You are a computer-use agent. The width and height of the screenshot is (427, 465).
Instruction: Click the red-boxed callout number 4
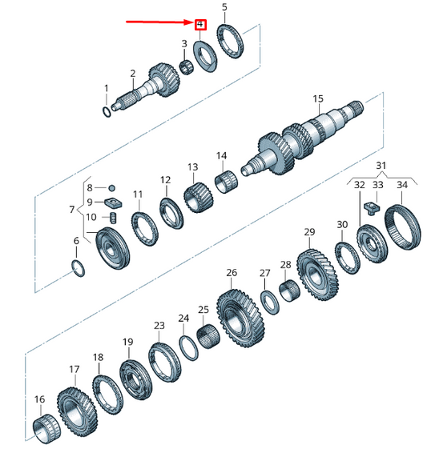[200, 24]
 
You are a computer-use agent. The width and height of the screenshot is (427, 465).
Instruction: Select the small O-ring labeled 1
[107, 112]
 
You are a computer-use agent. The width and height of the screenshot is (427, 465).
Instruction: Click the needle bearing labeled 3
[187, 66]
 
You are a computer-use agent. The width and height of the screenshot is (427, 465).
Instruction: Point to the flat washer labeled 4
[205, 56]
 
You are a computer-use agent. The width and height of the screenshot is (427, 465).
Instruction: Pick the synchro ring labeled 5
[231, 42]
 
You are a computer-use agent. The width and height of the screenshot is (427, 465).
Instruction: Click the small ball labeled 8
[111, 188]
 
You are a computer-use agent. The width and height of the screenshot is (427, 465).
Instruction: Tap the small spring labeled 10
[114, 218]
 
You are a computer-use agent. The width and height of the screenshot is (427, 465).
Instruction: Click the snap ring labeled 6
[79, 268]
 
